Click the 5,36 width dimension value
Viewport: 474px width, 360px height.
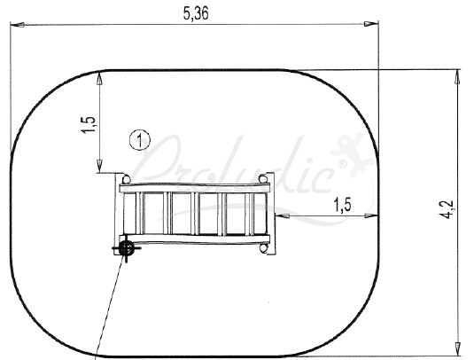click(x=196, y=13)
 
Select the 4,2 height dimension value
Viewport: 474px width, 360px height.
click(x=447, y=209)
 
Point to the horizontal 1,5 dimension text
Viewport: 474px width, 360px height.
click(x=343, y=205)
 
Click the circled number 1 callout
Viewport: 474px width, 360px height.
click(x=140, y=140)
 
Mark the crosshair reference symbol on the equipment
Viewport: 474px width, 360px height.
click(x=127, y=248)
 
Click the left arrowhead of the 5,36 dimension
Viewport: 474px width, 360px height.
click(x=18, y=25)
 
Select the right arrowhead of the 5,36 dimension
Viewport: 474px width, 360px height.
click(x=371, y=24)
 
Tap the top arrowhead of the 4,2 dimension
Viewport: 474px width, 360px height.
click(x=458, y=76)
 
